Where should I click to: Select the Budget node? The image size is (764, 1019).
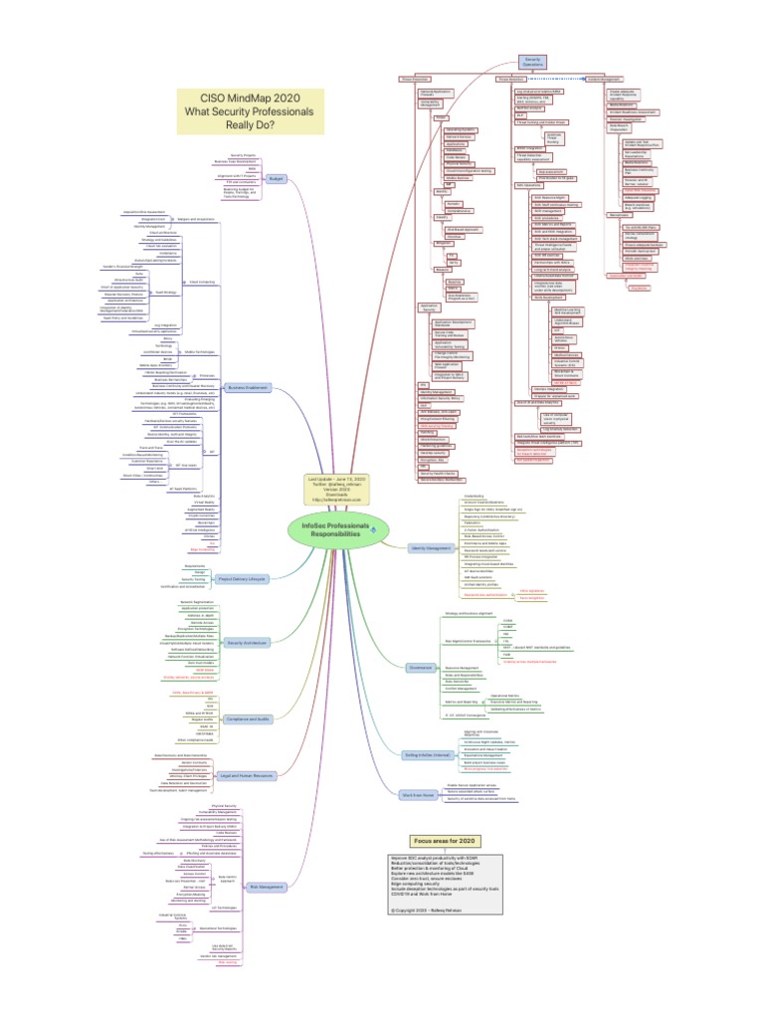[x=276, y=179]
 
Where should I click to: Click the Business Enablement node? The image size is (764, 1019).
[x=251, y=388]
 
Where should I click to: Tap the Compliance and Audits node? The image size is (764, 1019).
[x=248, y=745]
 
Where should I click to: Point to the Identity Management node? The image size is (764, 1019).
[x=431, y=547]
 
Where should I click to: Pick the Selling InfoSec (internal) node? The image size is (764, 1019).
[x=425, y=756]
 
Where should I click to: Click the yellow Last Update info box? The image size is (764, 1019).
[x=337, y=490]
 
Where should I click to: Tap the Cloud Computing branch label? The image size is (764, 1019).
[x=203, y=282]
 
